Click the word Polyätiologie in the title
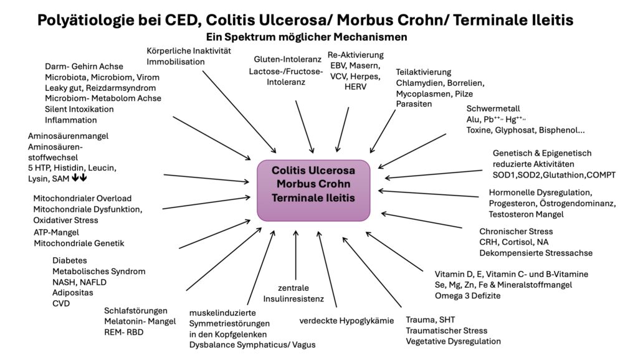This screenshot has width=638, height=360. click(88, 20)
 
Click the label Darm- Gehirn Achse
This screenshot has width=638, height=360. click(84, 66)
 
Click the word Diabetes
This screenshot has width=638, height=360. click(70, 260)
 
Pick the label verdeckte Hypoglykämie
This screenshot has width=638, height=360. click(346, 321)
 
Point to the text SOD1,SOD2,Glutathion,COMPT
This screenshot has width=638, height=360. click(554, 175)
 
